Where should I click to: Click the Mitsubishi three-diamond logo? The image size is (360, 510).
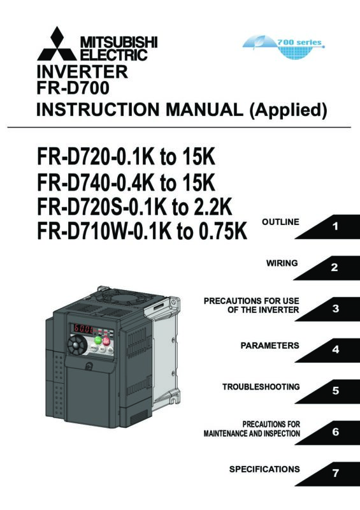tap(57, 44)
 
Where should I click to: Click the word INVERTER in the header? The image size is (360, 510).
tap(82, 71)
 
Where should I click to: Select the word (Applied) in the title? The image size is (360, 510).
tap(288, 110)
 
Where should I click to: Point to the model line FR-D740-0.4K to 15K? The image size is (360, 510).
tap(126, 182)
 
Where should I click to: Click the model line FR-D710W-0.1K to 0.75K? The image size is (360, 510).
tap(142, 231)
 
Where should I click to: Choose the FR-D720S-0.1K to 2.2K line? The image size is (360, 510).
tap(134, 207)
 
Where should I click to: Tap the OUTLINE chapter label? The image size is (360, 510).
tap(280, 222)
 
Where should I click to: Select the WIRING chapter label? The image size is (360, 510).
tap(282, 263)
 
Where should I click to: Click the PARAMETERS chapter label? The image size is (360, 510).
tap(270, 346)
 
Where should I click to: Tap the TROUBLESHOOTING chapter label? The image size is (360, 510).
tap(261, 387)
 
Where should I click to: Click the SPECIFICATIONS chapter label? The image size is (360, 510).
tap(264, 469)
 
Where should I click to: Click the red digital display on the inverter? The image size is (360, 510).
tap(82, 328)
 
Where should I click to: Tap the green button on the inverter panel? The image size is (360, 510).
tap(98, 340)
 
